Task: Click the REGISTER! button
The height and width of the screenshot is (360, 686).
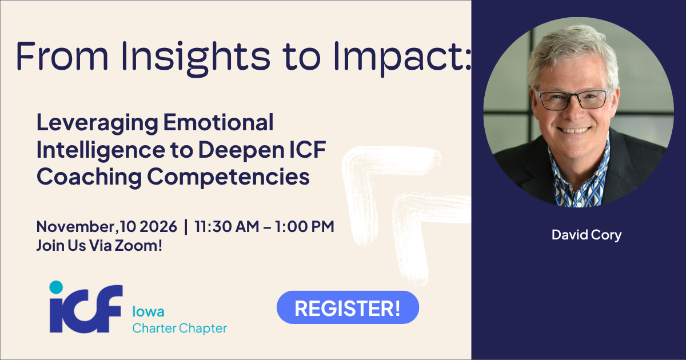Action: (348, 307)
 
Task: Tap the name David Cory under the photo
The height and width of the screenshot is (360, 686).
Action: (587, 235)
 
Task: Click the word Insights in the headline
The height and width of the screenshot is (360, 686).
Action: (196, 57)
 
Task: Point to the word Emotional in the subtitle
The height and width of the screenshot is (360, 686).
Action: (218, 122)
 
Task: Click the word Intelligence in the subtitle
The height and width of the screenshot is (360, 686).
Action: (101, 150)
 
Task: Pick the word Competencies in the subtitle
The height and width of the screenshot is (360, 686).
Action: (229, 177)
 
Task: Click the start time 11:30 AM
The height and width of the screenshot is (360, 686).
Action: (226, 226)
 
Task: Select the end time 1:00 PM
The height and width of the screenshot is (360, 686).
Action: (304, 226)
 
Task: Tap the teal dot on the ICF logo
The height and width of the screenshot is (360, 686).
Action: (56, 287)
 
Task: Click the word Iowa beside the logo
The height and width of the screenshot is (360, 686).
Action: (148, 311)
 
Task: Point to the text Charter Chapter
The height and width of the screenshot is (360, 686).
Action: (180, 329)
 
